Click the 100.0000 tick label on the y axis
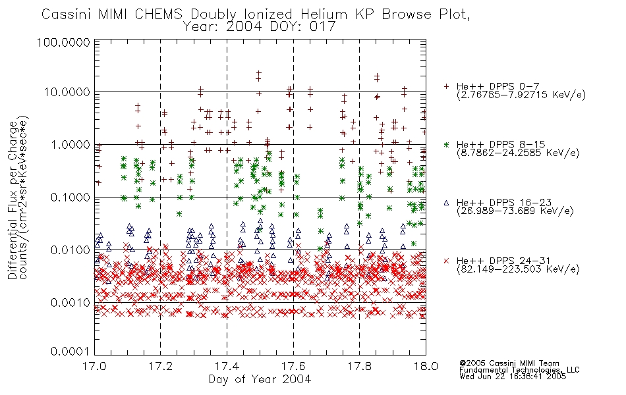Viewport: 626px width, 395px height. click(63, 42)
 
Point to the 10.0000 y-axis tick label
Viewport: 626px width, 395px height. click(67, 92)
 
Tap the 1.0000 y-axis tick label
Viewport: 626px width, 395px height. click(71, 144)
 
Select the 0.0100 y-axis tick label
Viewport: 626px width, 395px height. click(71, 250)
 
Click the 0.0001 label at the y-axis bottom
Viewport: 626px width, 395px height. click(71, 352)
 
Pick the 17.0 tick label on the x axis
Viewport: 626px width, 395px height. click(94, 366)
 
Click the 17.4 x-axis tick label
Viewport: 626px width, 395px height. click(227, 366)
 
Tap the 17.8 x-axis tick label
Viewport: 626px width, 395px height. click(359, 366)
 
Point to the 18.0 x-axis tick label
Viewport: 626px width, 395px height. click(426, 366)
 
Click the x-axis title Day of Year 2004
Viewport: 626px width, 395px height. click(260, 379)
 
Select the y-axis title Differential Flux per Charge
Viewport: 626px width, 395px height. click(13, 200)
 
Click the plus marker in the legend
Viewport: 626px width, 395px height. click(446, 86)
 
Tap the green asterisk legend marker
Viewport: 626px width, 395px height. click(446, 144)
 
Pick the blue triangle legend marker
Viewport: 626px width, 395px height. click(446, 203)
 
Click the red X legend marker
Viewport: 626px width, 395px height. click(446, 261)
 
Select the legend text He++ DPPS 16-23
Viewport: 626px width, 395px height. click(501, 203)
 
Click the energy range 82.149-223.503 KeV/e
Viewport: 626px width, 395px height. click(518, 269)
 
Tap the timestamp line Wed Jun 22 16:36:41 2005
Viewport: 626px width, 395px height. click(513, 377)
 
